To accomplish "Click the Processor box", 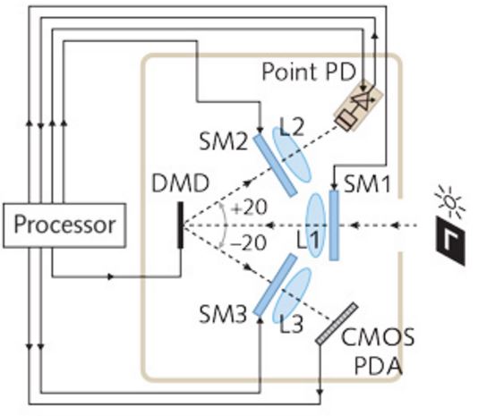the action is [x=64, y=225].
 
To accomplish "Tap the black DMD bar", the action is [x=181, y=225].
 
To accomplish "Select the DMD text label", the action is [x=181, y=183].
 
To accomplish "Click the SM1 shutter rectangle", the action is [x=334, y=225].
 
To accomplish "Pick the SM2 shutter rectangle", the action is [x=275, y=165].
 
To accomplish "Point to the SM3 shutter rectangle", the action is [x=275, y=285].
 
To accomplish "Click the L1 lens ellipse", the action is [x=316, y=225].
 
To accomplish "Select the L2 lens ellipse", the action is [x=292, y=155].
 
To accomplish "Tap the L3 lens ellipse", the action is [x=292, y=295].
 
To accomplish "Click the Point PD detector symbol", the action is [x=358, y=106].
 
